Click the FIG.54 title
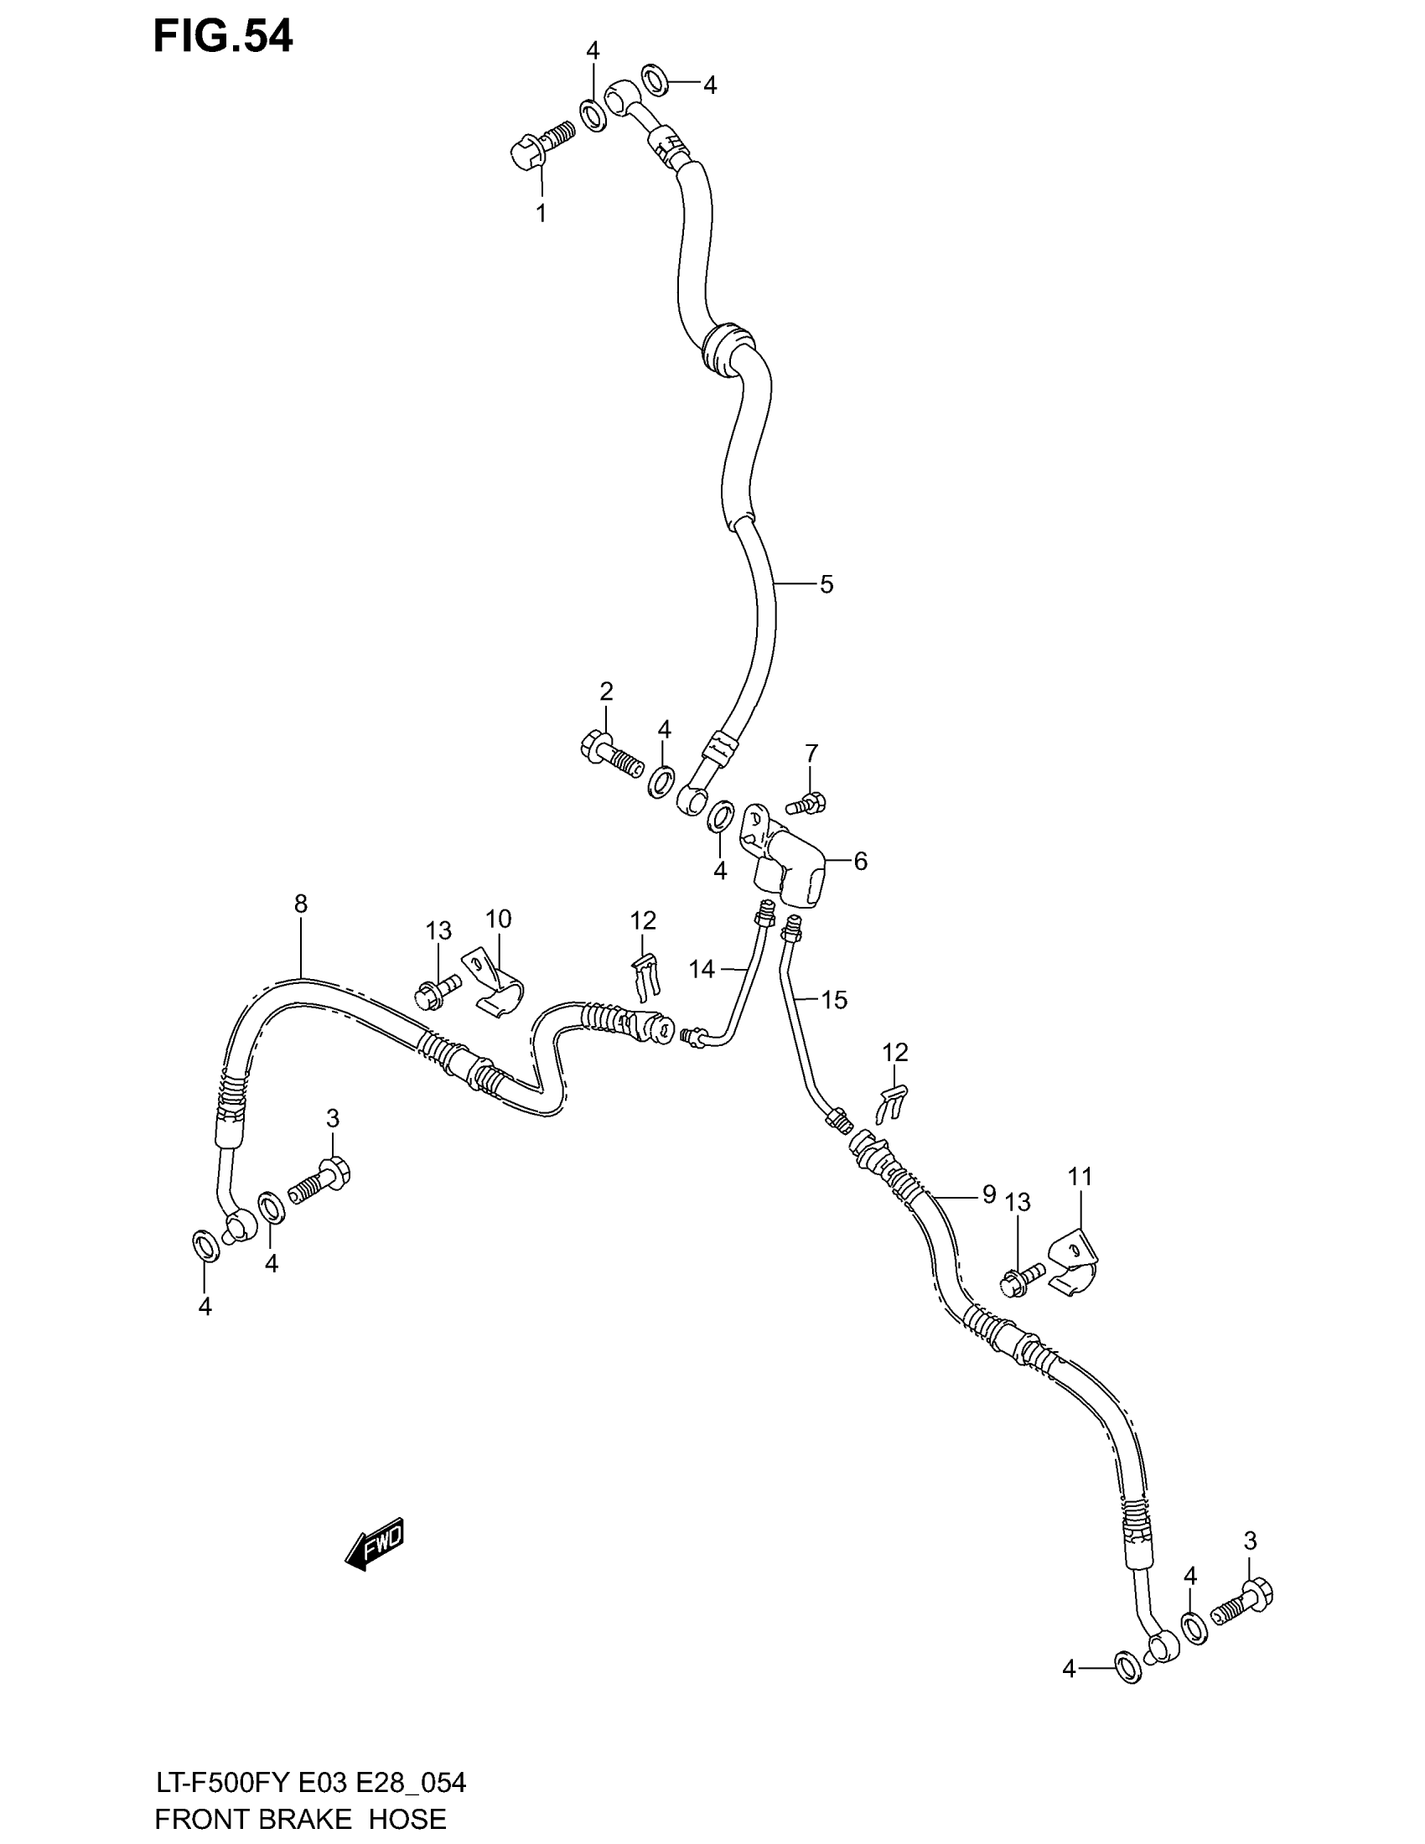[x=223, y=37]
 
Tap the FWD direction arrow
[x=376, y=1545]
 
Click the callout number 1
[x=541, y=214]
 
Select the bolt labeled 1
[x=541, y=143]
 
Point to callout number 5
[x=826, y=584]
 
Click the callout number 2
[x=606, y=691]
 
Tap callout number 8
[x=301, y=904]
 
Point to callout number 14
[x=702, y=969]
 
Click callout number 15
[x=834, y=1001]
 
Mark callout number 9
[x=988, y=1194]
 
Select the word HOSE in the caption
[x=407, y=1818]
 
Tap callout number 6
[x=860, y=861]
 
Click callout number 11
[x=1080, y=1176]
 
